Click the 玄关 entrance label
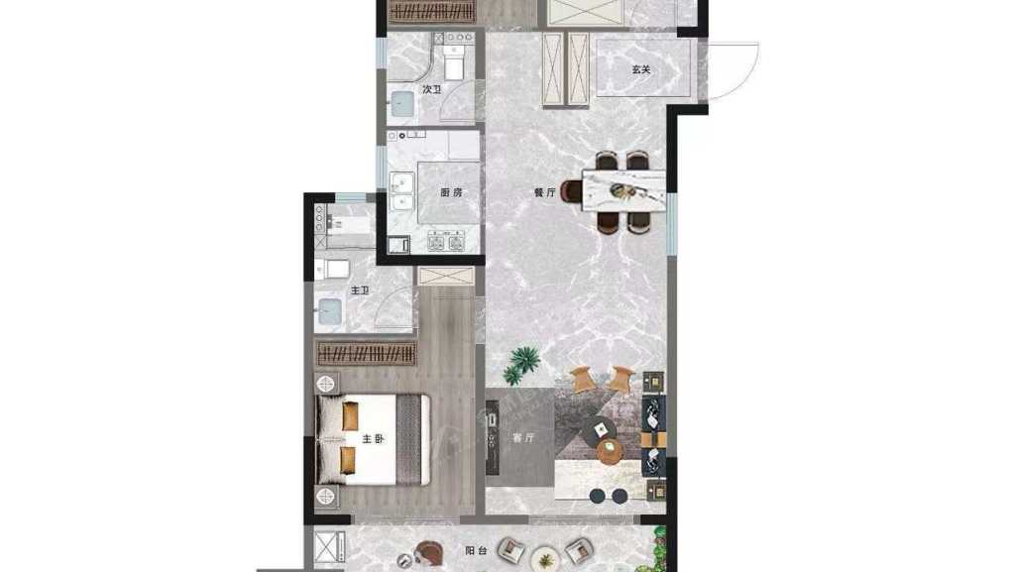pyautogui.click(x=641, y=69)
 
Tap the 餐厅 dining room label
pyautogui.click(x=544, y=192)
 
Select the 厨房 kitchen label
pyautogui.click(x=451, y=192)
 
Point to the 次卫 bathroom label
pyautogui.click(x=432, y=89)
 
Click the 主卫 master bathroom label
pyautogui.click(x=360, y=290)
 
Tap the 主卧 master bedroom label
pyautogui.click(x=373, y=439)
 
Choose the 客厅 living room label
pyautogui.click(x=523, y=437)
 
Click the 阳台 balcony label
pyautogui.click(x=476, y=550)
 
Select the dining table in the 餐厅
pyautogui.click(x=623, y=190)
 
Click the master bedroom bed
pyautogui.click(x=373, y=439)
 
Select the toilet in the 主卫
pyautogui.click(x=332, y=269)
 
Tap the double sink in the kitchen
pyautogui.click(x=402, y=191)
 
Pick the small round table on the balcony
pyautogui.click(x=544, y=558)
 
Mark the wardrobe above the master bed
pyautogui.click(x=366, y=354)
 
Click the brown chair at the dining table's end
pyautogui.click(x=572, y=191)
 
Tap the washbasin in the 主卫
pyautogui.click(x=329, y=312)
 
